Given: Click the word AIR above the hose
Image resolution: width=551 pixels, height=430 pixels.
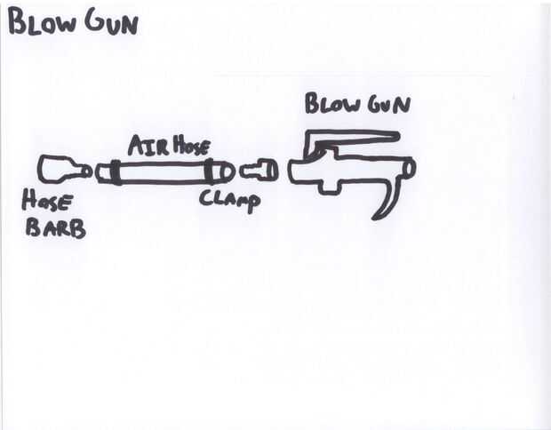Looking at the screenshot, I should tap(144, 146).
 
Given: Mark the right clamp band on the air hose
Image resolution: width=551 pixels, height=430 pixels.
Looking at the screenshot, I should tap(211, 171).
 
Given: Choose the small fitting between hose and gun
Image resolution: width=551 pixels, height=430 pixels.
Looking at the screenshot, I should tap(260, 169).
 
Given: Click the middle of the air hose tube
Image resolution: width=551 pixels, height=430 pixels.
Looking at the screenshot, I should tap(162, 171).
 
